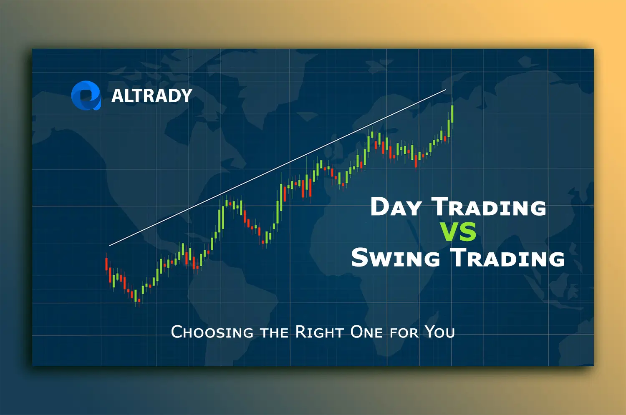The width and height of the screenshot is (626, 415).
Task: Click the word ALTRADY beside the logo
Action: pyautogui.click(x=151, y=96)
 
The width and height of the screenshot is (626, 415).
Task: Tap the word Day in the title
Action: pyautogui.click(x=396, y=207)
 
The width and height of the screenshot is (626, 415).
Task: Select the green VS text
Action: pyautogui.click(x=457, y=232)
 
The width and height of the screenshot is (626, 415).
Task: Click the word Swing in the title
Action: pyautogui.click(x=395, y=258)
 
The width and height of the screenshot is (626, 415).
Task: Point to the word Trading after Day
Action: pyautogui.click(x=489, y=207)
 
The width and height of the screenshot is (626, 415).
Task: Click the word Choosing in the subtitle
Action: pyautogui.click(x=212, y=332)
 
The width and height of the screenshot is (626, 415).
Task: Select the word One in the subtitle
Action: pyautogui.click(x=366, y=332)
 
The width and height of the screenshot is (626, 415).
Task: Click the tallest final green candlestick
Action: pyautogui.click(x=452, y=113)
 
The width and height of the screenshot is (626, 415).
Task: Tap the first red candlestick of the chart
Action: pyautogui.click(x=106, y=264)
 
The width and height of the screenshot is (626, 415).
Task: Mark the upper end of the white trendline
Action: pyautogui.click(x=445, y=90)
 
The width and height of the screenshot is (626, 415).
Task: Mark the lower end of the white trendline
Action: pyautogui.click(x=110, y=245)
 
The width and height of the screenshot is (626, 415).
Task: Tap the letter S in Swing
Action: pyautogui.click(x=359, y=257)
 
